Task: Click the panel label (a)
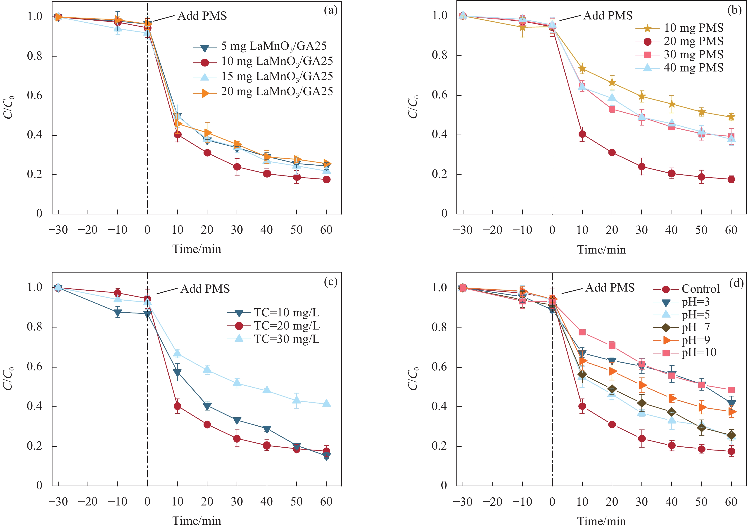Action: (330, 11)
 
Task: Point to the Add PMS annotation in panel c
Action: (205, 289)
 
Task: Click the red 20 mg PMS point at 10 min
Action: (582, 134)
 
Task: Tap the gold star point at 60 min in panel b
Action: (731, 117)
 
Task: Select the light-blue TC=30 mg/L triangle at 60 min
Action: (326, 403)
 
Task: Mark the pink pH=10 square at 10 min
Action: (582, 332)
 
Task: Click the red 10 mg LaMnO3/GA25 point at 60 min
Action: (326, 180)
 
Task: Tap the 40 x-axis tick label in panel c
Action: (266, 502)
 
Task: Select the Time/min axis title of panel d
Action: (601, 521)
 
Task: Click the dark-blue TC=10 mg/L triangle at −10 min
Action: (118, 312)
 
